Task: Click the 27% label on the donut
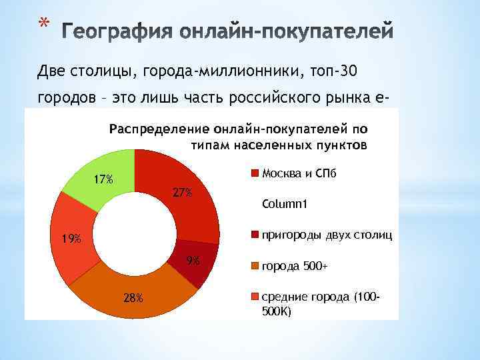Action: click(182, 193)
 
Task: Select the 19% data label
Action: click(68, 239)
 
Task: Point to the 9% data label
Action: click(193, 261)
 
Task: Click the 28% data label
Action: click(133, 297)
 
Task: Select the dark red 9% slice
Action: click(193, 267)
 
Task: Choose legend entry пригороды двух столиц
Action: click(327, 235)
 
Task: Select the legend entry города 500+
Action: click(294, 266)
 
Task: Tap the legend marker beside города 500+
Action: click(254, 267)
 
